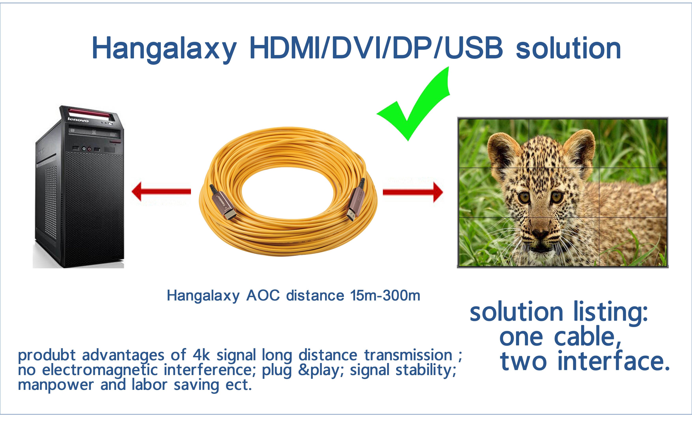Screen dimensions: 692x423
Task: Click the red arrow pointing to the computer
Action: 161,192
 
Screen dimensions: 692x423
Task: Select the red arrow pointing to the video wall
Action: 413,192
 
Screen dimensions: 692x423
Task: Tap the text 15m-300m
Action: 385,296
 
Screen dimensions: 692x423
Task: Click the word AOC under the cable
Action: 263,296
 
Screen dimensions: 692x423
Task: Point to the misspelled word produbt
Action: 47,356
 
